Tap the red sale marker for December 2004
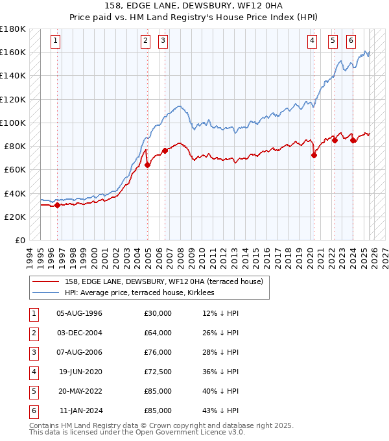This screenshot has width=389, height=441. click(x=147, y=165)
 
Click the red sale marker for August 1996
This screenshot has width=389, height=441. click(x=57, y=205)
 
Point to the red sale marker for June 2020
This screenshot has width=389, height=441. click(x=314, y=155)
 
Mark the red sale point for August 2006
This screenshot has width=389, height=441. click(x=165, y=150)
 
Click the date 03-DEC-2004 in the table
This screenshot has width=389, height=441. click(x=80, y=333)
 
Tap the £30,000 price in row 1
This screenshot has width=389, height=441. click(x=158, y=313)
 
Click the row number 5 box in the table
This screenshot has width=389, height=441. click(x=33, y=391)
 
